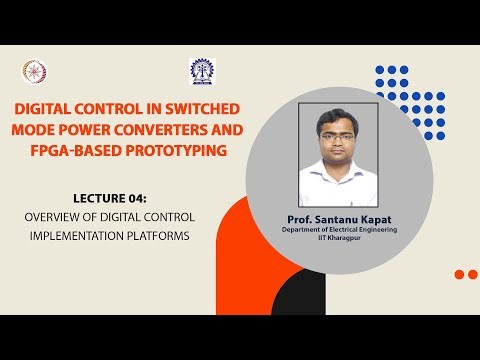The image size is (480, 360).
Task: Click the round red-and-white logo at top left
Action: click(33, 71)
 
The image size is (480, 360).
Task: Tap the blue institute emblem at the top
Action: click(201, 70)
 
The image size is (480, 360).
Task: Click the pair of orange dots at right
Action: click(465, 274)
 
